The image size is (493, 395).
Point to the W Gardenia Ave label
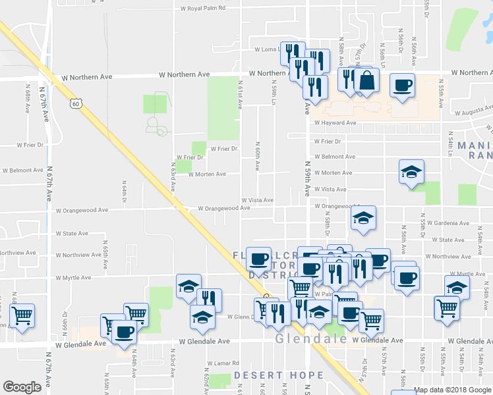(448, 223)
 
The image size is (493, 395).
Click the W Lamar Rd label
(221, 363)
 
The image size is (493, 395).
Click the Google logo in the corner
(22, 387)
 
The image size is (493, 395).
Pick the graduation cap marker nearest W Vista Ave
(412, 172)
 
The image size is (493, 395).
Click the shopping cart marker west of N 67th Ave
(23, 315)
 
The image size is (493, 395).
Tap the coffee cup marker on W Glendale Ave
(123, 332)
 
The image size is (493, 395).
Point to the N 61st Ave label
(241, 93)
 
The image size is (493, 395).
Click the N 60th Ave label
(258, 155)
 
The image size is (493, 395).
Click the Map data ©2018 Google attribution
(452, 390)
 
